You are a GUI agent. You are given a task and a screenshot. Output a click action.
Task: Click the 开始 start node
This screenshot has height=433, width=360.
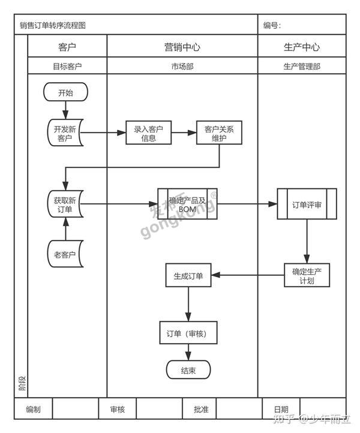pyautogui.click(x=66, y=92)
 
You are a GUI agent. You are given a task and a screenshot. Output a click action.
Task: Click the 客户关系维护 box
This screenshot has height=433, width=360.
pyautogui.click(x=219, y=133)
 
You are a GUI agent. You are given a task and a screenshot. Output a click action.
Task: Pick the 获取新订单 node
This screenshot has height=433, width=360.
pyautogui.click(x=65, y=204)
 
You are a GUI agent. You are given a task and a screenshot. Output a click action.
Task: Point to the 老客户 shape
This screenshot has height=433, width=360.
pyautogui.click(x=65, y=254)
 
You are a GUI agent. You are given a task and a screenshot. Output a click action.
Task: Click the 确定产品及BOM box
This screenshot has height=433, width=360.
pyautogui.click(x=187, y=204)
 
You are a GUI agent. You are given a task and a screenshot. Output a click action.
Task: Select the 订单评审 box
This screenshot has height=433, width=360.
pyautogui.click(x=307, y=204)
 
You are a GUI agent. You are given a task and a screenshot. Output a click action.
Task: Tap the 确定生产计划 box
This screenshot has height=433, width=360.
pyautogui.click(x=307, y=275)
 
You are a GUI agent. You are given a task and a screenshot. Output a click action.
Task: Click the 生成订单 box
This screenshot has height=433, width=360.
pyautogui.click(x=188, y=275)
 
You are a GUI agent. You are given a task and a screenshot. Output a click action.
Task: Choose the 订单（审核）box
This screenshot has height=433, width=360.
pyautogui.click(x=188, y=333)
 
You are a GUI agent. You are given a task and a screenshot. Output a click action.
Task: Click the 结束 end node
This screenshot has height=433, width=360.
pyautogui.click(x=188, y=370)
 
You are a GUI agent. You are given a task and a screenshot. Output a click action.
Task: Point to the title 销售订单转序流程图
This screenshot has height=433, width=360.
pyautogui.click(x=53, y=25)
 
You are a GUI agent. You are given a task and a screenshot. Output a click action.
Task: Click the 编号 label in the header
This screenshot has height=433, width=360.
pyautogui.click(x=272, y=25)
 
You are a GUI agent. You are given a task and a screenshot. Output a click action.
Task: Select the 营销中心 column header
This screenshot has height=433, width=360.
pyautogui.click(x=182, y=47)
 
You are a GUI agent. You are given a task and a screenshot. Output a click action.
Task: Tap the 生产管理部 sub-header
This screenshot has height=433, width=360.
pyautogui.click(x=302, y=67)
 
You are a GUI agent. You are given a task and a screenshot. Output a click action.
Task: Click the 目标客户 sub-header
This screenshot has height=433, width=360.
pyautogui.click(x=67, y=67)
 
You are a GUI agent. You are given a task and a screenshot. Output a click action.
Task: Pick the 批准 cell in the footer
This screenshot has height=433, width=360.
pyautogui.click(x=201, y=410)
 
